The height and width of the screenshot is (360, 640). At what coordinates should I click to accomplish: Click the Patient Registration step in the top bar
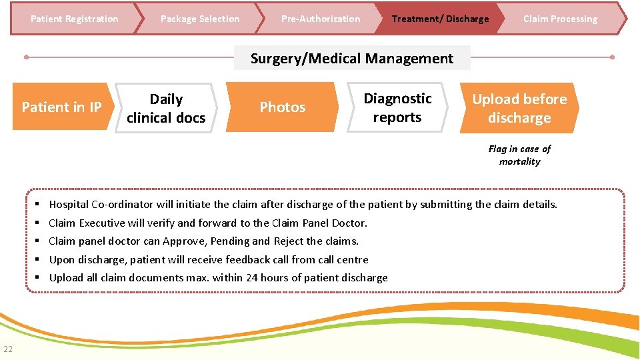click(74, 19)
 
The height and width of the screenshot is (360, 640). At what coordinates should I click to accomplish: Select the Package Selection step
click(199, 19)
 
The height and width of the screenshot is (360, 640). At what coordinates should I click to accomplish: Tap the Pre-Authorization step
click(320, 19)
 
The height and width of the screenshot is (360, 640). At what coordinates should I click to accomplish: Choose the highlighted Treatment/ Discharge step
click(440, 19)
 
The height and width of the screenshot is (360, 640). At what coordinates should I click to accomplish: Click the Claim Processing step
click(560, 19)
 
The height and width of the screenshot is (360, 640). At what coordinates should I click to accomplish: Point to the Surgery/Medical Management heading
click(351, 59)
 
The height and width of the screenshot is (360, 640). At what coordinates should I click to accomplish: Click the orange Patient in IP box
click(61, 107)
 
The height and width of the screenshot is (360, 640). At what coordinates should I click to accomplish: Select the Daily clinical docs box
click(166, 109)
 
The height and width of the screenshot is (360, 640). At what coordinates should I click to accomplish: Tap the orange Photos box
click(282, 107)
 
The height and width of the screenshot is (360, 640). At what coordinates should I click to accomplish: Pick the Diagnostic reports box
click(397, 108)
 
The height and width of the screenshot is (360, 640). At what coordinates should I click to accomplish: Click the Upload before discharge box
click(519, 109)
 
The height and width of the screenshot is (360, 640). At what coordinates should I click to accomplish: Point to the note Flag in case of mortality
click(519, 155)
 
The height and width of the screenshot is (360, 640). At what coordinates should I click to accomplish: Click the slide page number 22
click(7, 349)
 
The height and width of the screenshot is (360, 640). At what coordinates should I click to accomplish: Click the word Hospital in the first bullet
click(69, 205)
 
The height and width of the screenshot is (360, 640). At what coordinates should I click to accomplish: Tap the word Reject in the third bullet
click(289, 241)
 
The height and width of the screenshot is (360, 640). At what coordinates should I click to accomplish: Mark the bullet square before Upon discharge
click(39, 259)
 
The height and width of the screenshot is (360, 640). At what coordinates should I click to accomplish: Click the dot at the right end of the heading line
click(612, 57)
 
